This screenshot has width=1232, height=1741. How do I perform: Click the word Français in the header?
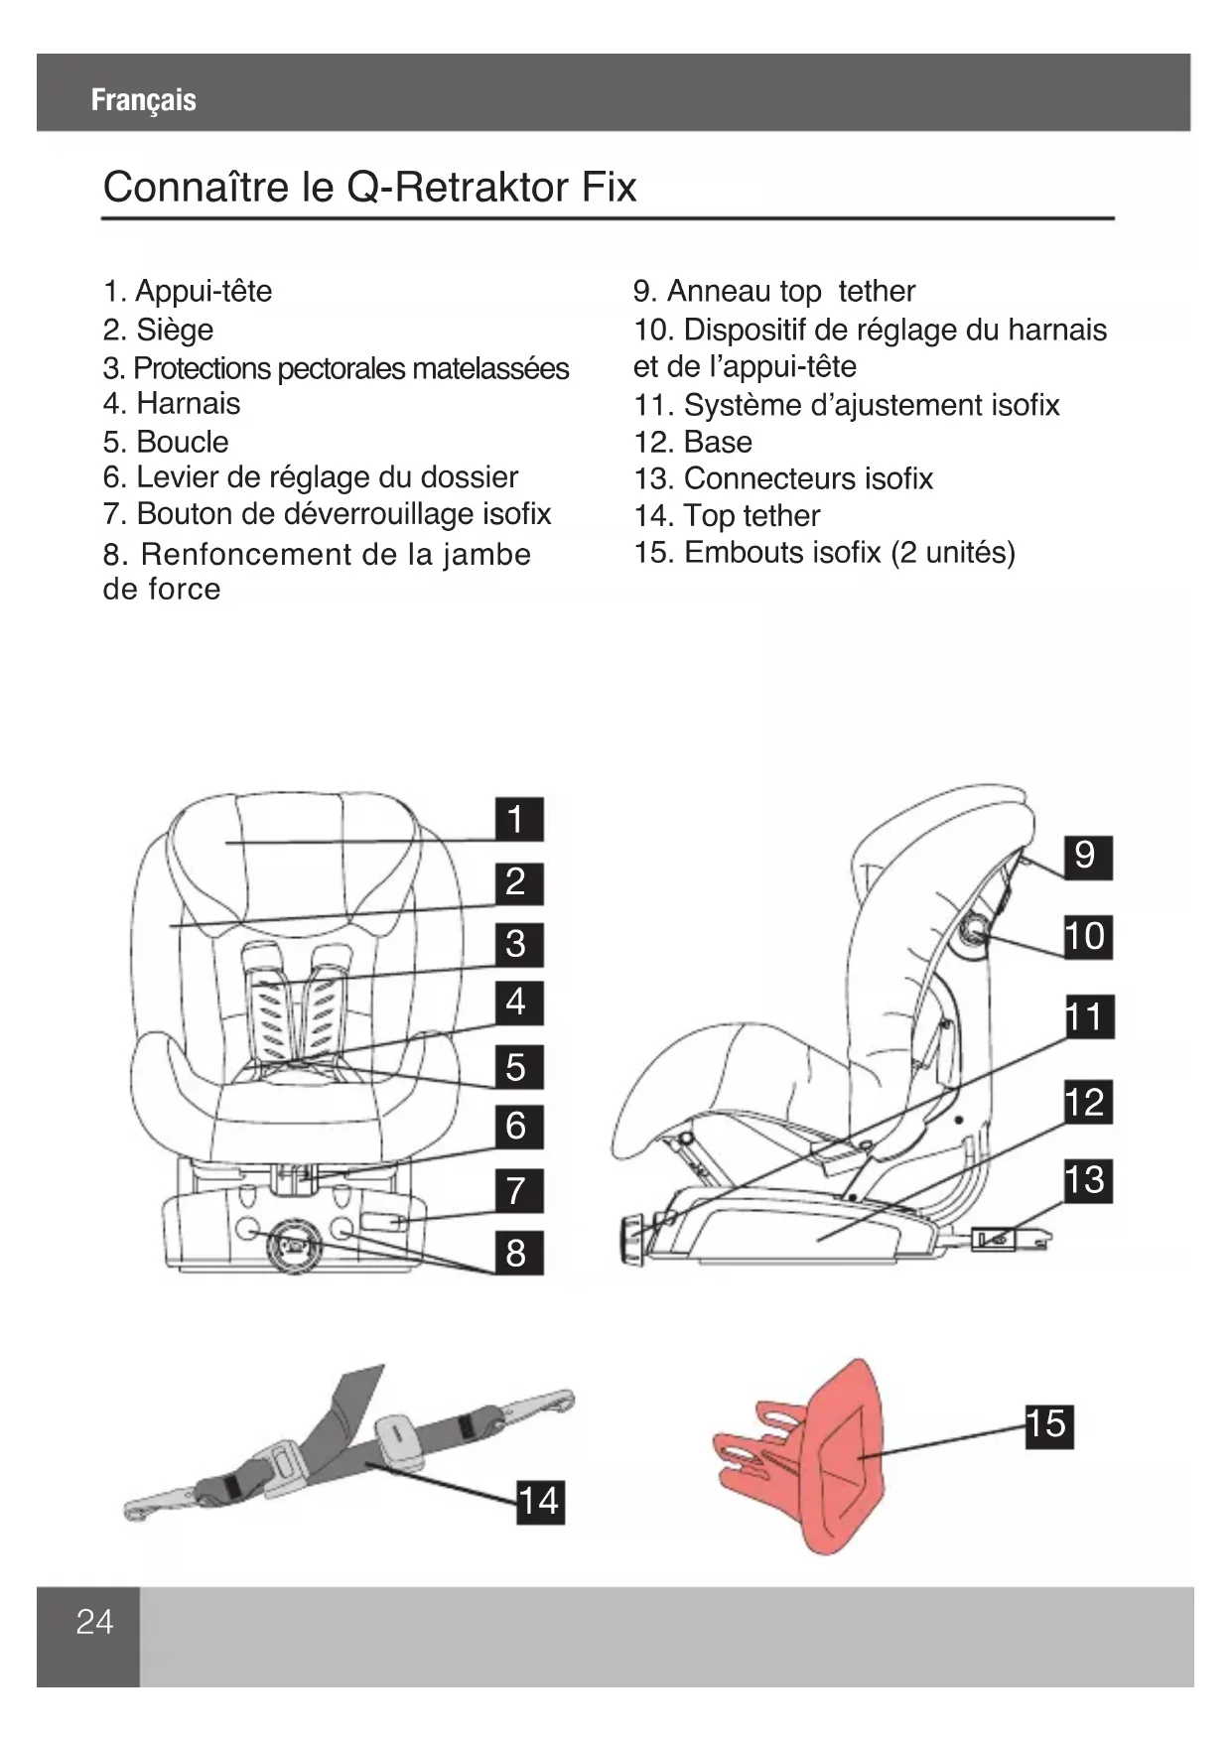tap(143, 99)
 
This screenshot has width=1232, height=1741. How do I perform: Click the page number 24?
tap(94, 1622)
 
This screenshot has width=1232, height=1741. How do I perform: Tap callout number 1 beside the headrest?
tap(517, 820)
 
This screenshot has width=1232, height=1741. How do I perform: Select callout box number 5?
tap(517, 1067)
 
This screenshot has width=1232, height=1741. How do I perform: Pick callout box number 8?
tap(517, 1253)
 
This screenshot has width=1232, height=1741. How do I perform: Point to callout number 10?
tap(1085, 936)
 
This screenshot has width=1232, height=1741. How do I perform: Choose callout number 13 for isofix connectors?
tap(1085, 1180)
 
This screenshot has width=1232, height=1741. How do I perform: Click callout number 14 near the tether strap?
tap(539, 1501)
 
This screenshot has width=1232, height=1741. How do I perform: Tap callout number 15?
tap(1047, 1424)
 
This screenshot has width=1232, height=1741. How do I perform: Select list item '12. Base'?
tap(693, 442)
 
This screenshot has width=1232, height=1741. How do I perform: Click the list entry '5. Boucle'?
tap(166, 442)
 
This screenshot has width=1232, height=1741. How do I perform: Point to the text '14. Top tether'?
tap(727, 516)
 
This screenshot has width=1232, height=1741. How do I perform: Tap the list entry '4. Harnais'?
tap(171, 404)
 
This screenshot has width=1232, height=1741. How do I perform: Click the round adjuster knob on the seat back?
tap(974, 930)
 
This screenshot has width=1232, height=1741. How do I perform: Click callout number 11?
tap(1085, 1017)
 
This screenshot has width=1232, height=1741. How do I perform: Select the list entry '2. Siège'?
tap(158, 330)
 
